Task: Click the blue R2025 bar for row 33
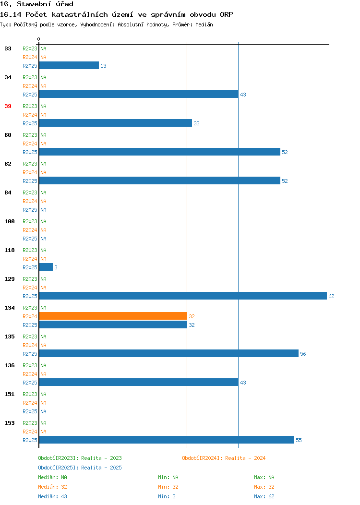click(x=69, y=65)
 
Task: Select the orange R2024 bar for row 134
click(x=113, y=316)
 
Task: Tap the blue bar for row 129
click(x=183, y=296)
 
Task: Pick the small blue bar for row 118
click(x=46, y=267)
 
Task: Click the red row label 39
click(x=8, y=106)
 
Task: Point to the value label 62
click(x=331, y=296)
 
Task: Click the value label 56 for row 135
click(x=303, y=354)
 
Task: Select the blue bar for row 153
click(x=167, y=440)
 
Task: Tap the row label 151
click(x=9, y=394)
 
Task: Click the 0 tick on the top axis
click(x=39, y=39)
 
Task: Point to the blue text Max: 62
click(x=264, y=496)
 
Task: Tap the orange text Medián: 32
click(x=52, y=487)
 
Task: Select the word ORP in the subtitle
click(x=227, y=14)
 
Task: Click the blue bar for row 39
click(x=116, y=123)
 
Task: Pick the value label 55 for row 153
click(x=299, y=440)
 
